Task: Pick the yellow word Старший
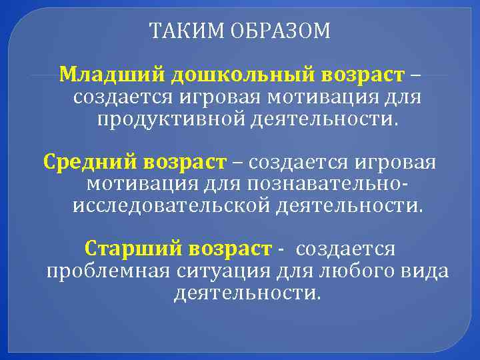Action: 133,248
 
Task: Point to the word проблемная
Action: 108,271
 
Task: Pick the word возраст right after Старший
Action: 229,248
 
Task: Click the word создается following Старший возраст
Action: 345,248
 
